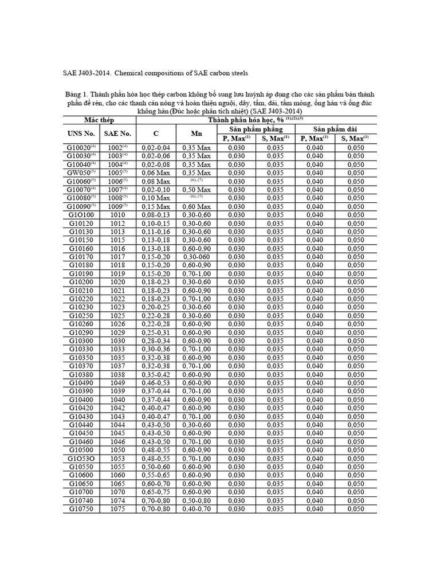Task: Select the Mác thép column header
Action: tap(99, 120)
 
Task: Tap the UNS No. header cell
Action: tap(81, 133)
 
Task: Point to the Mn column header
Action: tap(197, 133)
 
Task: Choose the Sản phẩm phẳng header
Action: tap(256, 129)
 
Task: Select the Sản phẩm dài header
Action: tap(335, 129)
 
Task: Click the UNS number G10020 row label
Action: tap(81, 147)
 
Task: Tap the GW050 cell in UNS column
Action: tap(81, 173)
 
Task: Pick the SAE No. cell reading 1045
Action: tap(117, 433)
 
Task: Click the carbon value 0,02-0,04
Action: tap(156, 147)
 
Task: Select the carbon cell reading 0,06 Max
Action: tap(156, 173)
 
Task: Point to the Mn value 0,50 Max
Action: tap(197, 190)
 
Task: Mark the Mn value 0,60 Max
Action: tap(197, 206)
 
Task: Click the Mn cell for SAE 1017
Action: tap(197, 257)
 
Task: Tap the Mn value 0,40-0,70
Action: tap(197, 509)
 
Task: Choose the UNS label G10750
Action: tap(81, 509)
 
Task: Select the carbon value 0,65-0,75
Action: tap(156, 492)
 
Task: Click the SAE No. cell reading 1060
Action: tap(117, 475)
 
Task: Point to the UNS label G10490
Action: tap(81, 383)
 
